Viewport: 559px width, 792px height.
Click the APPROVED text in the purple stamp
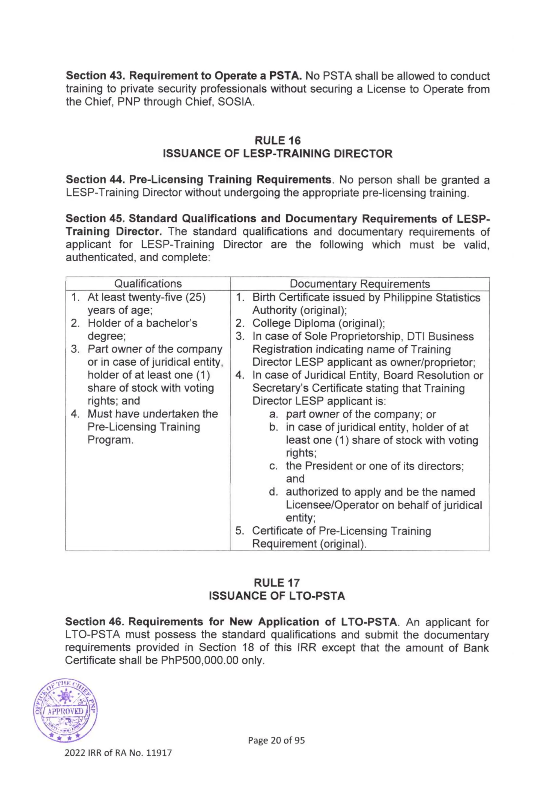tap(65, 711)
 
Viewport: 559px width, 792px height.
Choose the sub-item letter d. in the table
tap(273, 492)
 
